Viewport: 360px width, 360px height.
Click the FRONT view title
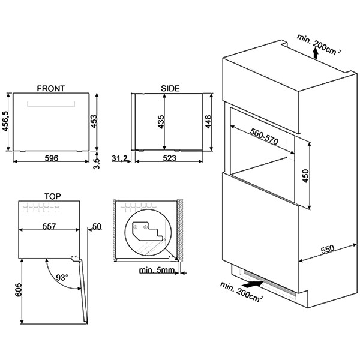tap(51, 88)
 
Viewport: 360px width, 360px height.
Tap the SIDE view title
tap(170, 88)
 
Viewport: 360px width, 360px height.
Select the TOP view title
tap(53, 197)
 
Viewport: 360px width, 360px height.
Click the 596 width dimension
tap(52, 158)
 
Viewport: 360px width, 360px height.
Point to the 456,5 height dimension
tap(5, 121)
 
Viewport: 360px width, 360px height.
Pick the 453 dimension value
tap(94, 121)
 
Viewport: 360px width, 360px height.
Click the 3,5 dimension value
tap(97, 163)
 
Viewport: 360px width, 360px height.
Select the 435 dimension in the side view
tap(161, 122)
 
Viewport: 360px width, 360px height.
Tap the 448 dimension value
tap(208, 122)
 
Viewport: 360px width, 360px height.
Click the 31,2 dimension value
tap(119, 158)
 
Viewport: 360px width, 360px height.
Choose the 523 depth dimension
tap(169, 158)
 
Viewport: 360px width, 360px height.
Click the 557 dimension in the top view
tap(49, 227)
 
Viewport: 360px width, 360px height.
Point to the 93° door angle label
tap(62, 278)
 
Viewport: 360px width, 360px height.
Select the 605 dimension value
tap(19, 290)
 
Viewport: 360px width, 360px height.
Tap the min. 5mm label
tap(157, 270)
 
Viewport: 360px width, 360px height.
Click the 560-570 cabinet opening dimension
tap(264, 137)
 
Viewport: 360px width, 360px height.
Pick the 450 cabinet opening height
tap(305, 176)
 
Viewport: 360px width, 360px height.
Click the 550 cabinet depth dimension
tap(328, 250)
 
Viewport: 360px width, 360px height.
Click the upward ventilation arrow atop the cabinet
tap(316, 54)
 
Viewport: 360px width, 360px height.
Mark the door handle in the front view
tap(51, 104)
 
